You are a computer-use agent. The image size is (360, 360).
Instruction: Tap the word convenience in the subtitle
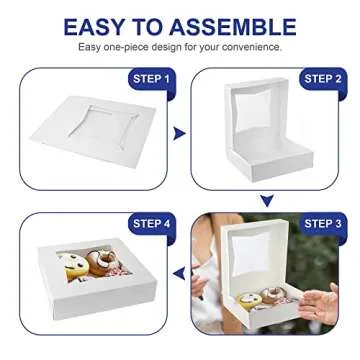[x=251, y=46]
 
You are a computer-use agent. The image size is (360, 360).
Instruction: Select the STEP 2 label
[x=322, y=78]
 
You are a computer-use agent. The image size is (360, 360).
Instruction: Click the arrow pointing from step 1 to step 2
[x=179, y=132]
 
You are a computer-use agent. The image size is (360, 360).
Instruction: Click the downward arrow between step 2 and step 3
[x=267, y=200]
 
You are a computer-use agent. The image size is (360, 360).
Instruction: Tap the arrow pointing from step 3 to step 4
[x=179, y=272]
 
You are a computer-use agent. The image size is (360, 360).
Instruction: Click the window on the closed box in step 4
[x=93, y=264]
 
